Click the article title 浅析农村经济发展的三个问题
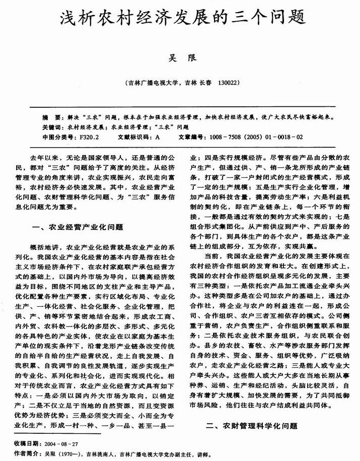[180, 19]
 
